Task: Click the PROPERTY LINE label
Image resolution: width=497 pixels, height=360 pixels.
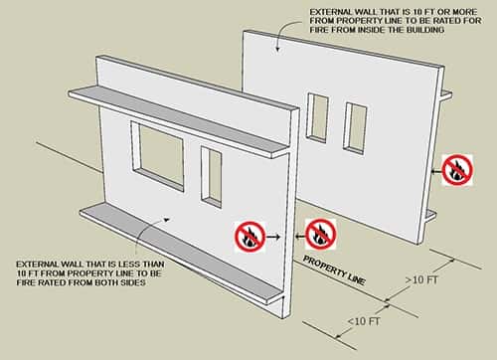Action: [x=335, y=270]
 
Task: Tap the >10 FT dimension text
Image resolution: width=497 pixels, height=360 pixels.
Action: [x=421, y=280]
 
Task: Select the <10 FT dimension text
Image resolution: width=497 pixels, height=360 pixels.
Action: [x=364, y=321]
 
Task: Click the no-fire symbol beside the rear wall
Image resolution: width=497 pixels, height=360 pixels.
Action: [x=457, y=170]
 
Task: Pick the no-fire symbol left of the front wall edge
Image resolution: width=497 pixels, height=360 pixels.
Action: [x=250, y=237]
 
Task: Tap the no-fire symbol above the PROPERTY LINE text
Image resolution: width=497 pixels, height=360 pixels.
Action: [x=321, y=234]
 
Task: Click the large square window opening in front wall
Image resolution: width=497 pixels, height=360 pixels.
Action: [x=157, y=156]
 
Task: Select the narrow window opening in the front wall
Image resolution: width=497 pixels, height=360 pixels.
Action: [x=211, y=177]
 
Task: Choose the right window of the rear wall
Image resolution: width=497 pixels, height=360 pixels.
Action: [x=356, y=128]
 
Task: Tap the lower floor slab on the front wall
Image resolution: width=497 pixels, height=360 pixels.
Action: [x=181, y=254]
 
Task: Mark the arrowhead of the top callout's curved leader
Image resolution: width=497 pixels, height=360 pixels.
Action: [x=277, y=49]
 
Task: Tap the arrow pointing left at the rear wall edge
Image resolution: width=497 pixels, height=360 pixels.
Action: [x=436, y=171]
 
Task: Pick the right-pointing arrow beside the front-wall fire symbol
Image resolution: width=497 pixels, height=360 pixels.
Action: [x=273, y=237]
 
